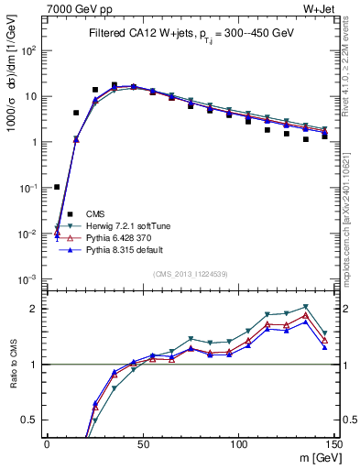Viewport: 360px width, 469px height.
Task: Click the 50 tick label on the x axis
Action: pos(142,445)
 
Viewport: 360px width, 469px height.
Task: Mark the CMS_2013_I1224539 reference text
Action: pos(191,273)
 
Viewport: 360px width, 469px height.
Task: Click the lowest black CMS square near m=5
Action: pos(57,187)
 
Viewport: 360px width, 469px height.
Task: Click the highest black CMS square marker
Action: pos(115,85)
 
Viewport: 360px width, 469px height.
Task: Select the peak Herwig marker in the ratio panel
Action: pos(306,307)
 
